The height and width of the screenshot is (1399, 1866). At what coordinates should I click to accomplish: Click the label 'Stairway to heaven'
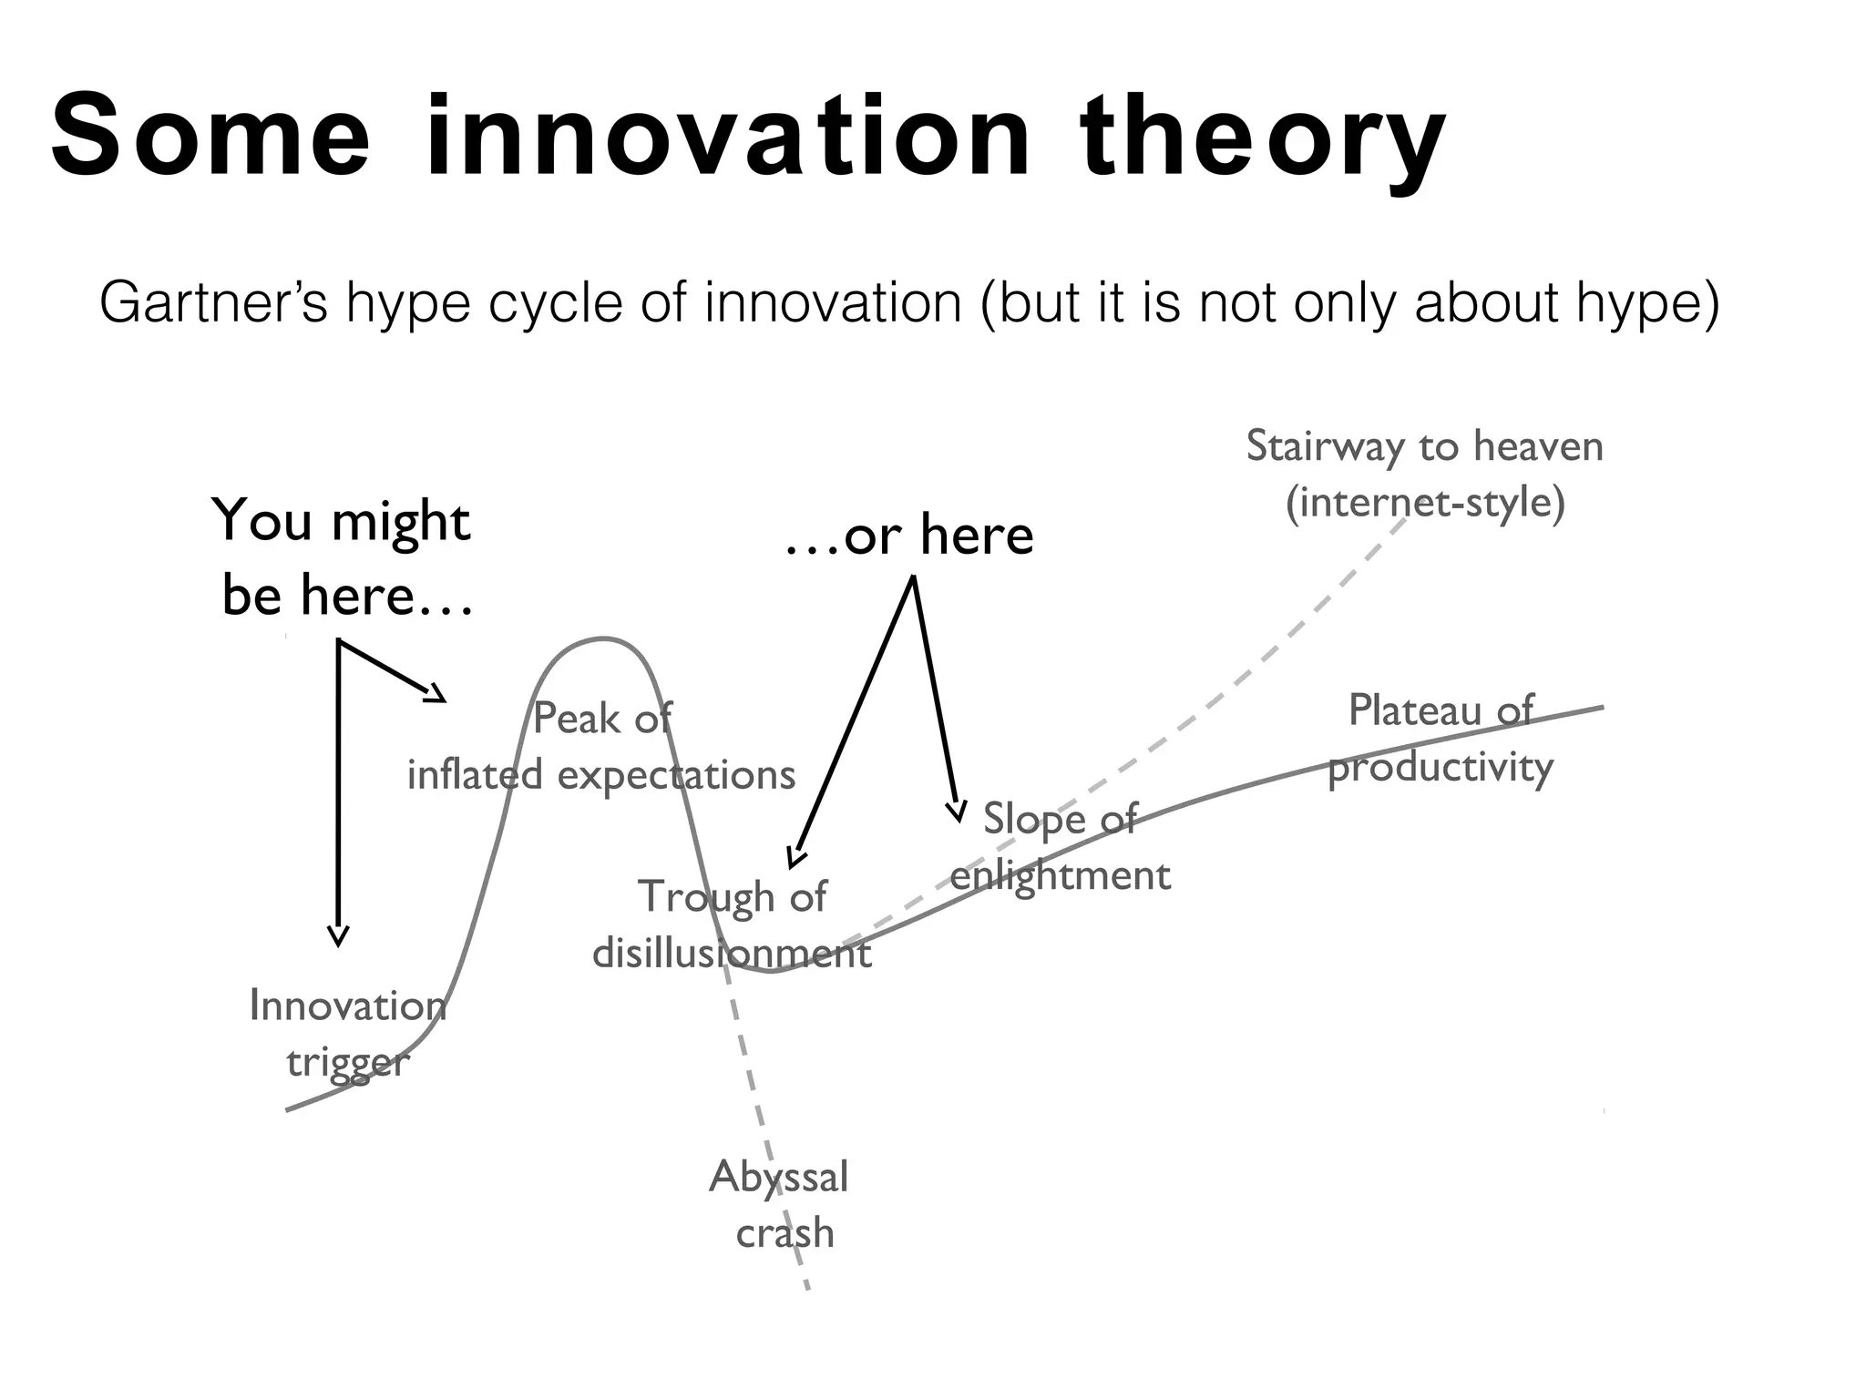(1424, 446)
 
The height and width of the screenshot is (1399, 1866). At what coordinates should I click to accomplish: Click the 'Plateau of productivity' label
(1441, 738)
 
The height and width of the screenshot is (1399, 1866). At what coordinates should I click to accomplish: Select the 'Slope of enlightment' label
(1060, 847)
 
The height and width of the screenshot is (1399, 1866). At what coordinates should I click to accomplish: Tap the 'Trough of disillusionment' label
(732, 924)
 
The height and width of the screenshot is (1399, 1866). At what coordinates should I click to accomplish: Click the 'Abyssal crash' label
(780, 1204)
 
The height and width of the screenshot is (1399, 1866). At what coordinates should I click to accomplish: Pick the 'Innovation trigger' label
(348, 1034)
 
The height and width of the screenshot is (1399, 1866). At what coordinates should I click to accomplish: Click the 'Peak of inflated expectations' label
(601, 747)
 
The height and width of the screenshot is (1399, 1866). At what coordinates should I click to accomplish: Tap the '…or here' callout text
(909, 535)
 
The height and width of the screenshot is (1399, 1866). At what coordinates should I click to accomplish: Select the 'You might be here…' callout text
(344, 557)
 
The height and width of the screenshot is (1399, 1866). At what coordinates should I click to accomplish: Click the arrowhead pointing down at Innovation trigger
(338, 938)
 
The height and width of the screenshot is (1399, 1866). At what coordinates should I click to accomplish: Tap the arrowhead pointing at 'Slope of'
(957, 812)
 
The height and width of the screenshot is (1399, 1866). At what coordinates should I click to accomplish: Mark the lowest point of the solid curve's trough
(771, 972)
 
